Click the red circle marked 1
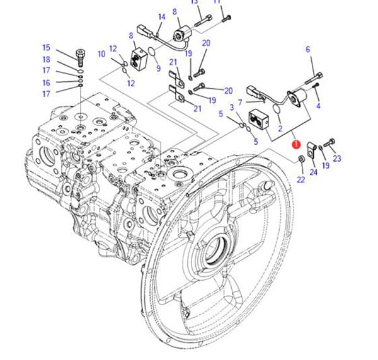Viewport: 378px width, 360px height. click(296, 144)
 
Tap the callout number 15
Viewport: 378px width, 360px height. click(46, 47)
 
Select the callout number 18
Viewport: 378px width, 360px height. click(46, 60)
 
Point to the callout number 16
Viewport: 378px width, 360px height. click(46, 82)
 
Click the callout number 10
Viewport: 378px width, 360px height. click(101, 54)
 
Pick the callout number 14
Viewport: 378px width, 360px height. click(162, 17)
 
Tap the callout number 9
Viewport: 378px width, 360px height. click(158, 68)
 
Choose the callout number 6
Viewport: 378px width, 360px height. click(307, 49)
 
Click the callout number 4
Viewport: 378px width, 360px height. click(318, 106)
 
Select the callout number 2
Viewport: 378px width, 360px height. click(280, 128)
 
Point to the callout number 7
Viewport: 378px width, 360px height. click(240, 103)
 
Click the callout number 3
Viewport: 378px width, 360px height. click(232, 108)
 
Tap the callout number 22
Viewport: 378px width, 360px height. click(301, 179)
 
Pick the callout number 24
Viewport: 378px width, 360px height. click(313, 172)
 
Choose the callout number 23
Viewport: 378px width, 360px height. click(337, 158)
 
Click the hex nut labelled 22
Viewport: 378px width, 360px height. click(301, 159)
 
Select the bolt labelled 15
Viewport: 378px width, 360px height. click(80, 58)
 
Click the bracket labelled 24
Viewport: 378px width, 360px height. click(311, 150)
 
